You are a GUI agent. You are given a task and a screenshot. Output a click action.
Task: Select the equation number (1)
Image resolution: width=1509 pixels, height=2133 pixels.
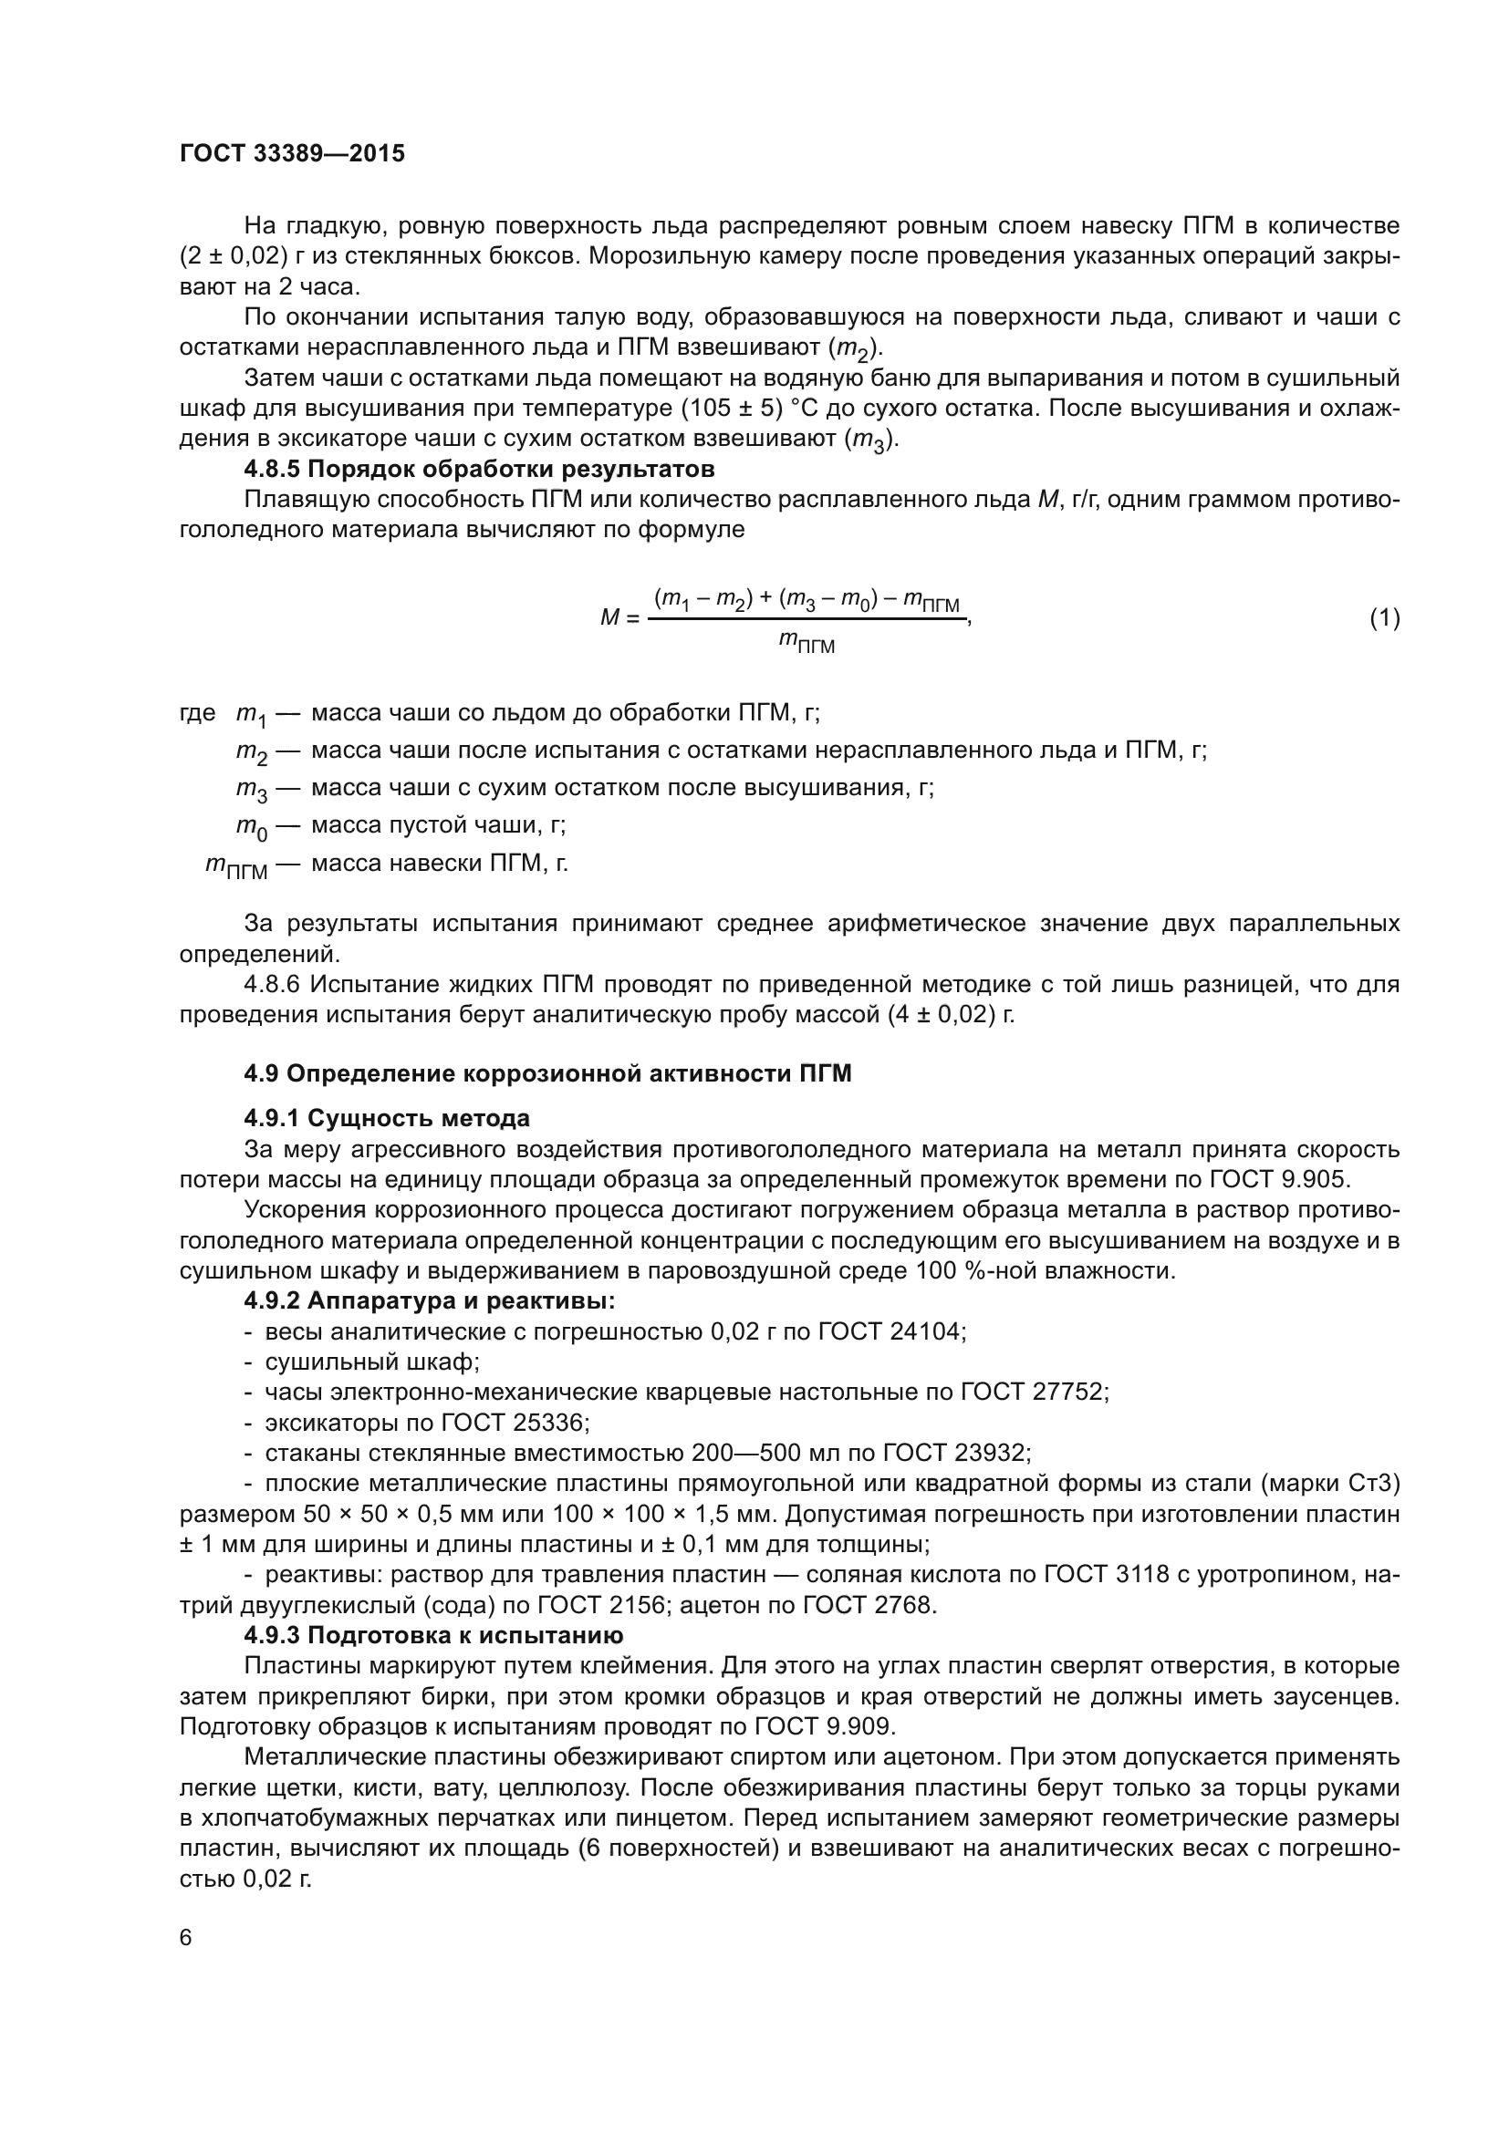pos(1385,617)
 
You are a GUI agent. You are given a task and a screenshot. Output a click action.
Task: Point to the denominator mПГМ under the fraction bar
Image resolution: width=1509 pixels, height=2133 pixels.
pos(807,642)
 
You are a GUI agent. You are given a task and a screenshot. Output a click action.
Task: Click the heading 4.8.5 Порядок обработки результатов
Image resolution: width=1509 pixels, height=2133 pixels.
pos(480,468)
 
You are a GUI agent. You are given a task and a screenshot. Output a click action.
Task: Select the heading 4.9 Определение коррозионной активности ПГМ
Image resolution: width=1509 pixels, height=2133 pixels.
pos(547,1074)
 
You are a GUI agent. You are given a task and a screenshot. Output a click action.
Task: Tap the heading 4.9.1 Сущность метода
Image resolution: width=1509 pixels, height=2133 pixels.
pos(387,1118)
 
